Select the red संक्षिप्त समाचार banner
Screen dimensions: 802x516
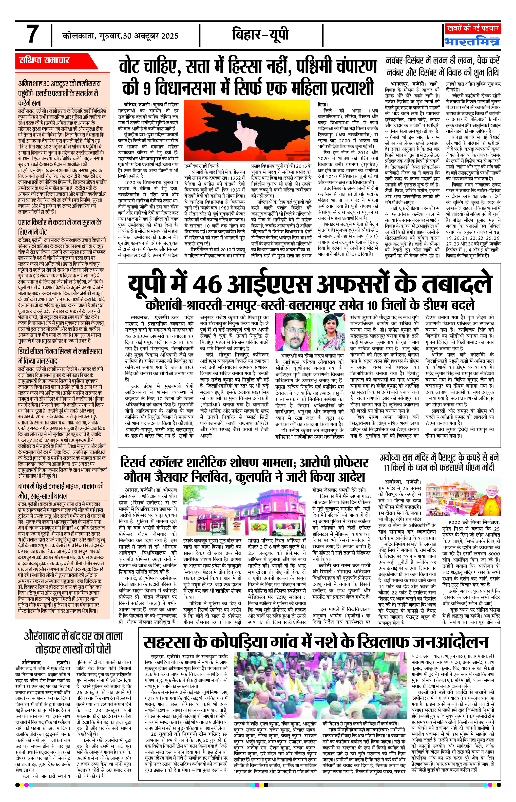pos(45,60)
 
